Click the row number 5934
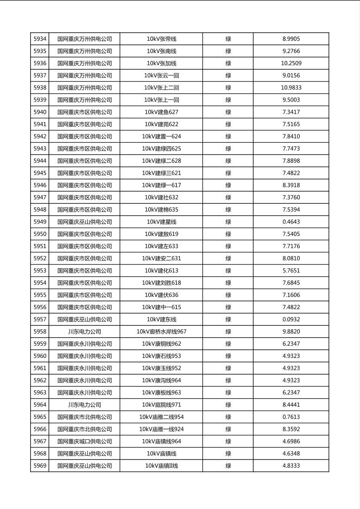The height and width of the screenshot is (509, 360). pyautogui.click(x=40, y=39)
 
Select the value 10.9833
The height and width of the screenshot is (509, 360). pyautogui.click(x=291, y=88)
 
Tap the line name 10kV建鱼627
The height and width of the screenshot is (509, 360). pyautogui.click(x=161, y=112)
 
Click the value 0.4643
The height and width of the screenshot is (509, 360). pyautogui.click(x=291, y=222)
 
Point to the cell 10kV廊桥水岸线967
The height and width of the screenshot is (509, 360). pyautogui.click(x=161, y=332)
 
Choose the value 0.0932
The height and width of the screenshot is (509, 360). pyautogui.click(x=291, y=319)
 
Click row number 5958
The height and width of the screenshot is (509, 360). pyautogui.click(x=40, y=332)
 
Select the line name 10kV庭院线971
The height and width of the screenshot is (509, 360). pyautogui.click(x=161, y=405)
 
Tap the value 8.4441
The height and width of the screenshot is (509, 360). pyautogui.click(x=291, y=405)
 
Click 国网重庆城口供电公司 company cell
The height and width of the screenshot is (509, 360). pyautogui.click(x=84, y=441)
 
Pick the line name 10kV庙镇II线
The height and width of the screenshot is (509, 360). pyautogui.click(x=161, y=466)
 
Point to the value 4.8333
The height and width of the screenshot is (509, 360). pyautogui.click(x=291, y=466)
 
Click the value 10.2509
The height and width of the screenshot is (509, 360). pyautogui.click(x=291, y=63)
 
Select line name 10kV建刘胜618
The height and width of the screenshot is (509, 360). pyautogui.click(x=161, y=283)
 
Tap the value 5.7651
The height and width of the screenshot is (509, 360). pyautogui.click(x=291, y=271)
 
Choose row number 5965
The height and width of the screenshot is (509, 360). pyautogui.click(x=40, y=417)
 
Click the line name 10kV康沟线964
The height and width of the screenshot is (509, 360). pyautogui.click(x=161, y=380)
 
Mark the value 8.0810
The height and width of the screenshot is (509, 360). pyautogui.click(x=291, y=259)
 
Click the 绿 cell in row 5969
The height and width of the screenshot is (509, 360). pyautogui.click(x=228, y=466)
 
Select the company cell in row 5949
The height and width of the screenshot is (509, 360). pyautogui.click(x=84, y=222)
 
